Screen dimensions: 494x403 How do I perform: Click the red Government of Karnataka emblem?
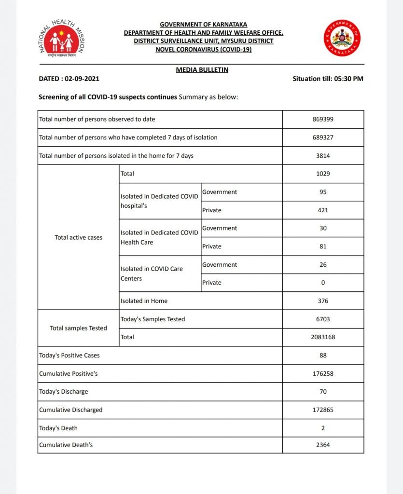[x=342, y=38]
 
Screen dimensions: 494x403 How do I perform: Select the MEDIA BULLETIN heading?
[x=202, y=70]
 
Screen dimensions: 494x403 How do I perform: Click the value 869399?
[x=323, y=119]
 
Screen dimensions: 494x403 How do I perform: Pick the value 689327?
[x=323, y=137]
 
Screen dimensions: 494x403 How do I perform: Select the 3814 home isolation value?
[x=323, y=156]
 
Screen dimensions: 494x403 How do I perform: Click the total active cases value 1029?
[x=323, y=174]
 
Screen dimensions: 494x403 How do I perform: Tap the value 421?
[x=323, y=210]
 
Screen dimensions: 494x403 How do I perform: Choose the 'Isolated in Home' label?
[x=144, y=301]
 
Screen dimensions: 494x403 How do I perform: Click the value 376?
[x=323, y=301]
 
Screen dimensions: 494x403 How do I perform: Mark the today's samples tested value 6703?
[x=323, y=319]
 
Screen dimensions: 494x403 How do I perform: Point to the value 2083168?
[x=323, y=337]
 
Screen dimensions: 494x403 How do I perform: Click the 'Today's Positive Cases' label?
[x=69, y=356]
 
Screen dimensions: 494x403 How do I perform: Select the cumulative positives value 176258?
[x=323, y=373]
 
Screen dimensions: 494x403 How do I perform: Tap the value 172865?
[x=323, y=410]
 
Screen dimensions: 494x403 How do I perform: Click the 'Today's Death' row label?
[x=58, y=428]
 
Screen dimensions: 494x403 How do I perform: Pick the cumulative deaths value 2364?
[x=323, y=445]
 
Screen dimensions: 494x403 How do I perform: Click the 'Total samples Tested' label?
[x=78, y=328]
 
